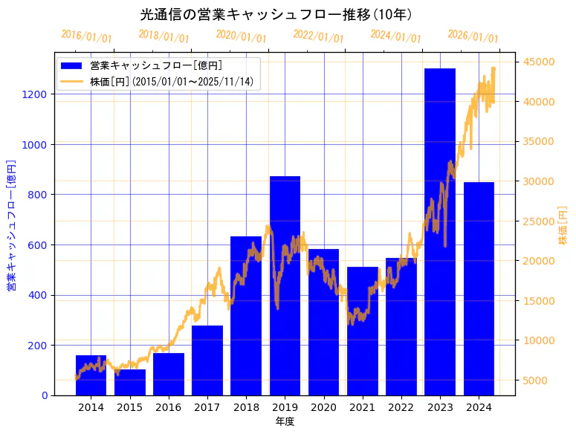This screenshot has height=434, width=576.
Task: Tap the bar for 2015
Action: click(x=130, y=382)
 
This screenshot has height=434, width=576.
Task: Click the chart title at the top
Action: click(x=276, y=15)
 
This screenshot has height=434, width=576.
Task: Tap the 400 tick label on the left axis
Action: click(x=38, y=295)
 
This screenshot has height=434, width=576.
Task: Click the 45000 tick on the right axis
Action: click(x=540, y=62)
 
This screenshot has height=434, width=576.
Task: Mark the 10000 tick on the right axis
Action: click(x=540, y=340)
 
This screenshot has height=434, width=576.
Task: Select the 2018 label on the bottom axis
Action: click(x=246, y=407)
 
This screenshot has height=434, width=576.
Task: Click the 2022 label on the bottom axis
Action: click(x=401, y=407)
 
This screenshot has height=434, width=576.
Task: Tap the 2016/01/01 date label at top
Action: click(x=87, y=36)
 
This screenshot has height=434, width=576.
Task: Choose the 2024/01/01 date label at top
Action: click(x=395, y=36)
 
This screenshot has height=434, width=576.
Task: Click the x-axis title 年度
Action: click(x=285, y=421)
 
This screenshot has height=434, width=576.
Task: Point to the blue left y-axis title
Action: click(x=11, y=224)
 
